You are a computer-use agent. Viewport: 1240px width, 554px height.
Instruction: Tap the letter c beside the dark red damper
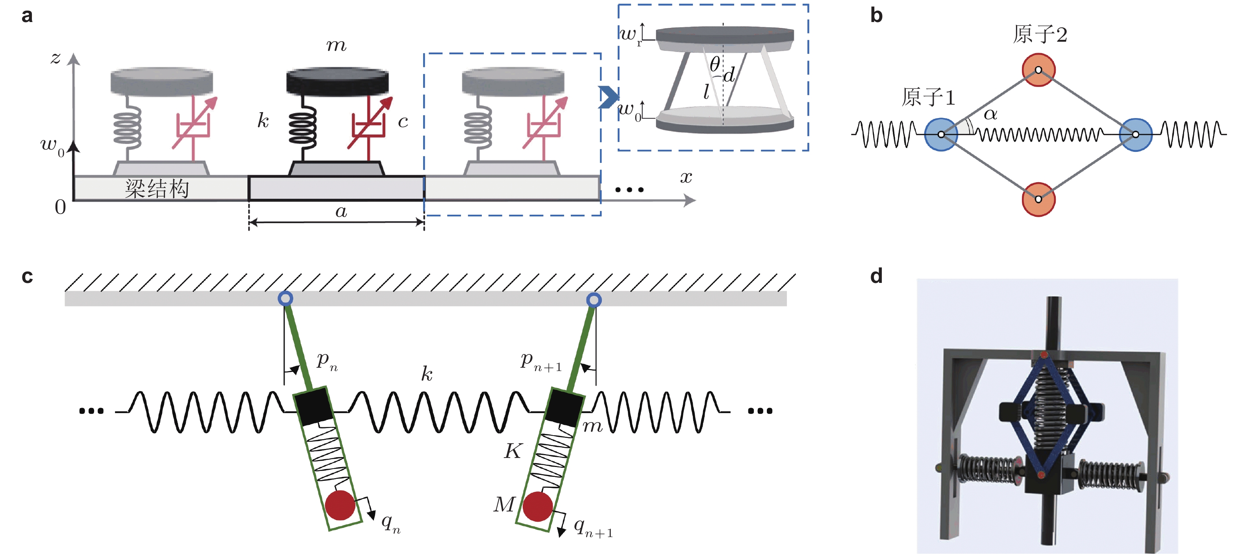[403, 121]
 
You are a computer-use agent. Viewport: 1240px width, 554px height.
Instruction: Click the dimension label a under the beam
[341, 211]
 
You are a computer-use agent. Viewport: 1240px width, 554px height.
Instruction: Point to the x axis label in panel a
[686, 177]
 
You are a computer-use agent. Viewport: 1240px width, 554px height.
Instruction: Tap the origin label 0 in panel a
[60, 207]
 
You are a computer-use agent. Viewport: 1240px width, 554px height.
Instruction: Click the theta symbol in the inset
[715, 63]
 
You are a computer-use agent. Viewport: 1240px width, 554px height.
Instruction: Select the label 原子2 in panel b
[1040, 35]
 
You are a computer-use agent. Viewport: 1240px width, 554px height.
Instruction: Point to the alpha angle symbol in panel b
[990, 114]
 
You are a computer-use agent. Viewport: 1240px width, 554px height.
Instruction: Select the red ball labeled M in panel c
[537, 506]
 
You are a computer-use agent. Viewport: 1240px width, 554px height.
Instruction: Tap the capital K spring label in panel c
[513, 451]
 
